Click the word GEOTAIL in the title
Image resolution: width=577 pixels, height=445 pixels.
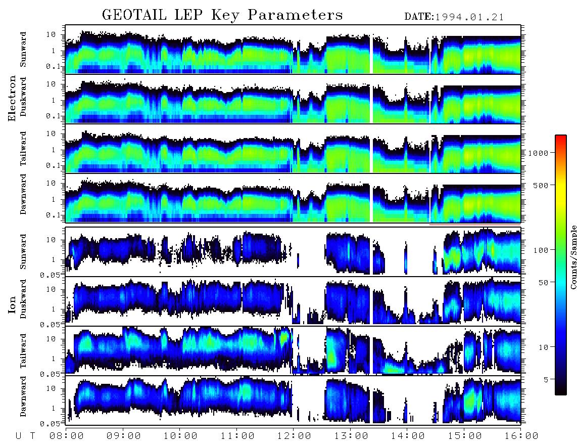tap(134, 15)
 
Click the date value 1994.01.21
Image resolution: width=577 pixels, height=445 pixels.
tap(469, 17)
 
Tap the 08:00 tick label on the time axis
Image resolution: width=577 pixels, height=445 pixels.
tap(67, 436)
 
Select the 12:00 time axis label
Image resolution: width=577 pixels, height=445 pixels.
tap(294, 436)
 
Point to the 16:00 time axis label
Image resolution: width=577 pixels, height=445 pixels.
tap(521, 436)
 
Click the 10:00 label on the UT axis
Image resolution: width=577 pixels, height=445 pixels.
tap(180, 436)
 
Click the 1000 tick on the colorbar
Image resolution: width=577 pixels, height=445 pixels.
tap(538, 153)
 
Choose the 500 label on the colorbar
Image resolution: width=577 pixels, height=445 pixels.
tap(540, 185)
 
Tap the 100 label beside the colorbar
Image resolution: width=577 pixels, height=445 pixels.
tap(540, 250)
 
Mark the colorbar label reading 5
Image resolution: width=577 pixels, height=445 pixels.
tap(545, 379)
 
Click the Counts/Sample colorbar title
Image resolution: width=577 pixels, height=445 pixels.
tap(573, 257)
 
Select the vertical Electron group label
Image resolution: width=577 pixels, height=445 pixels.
tap(12, 98)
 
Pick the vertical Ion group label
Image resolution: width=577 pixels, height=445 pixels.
tap(12, 304)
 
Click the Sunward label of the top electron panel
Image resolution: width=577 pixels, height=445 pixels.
tap(23, 50)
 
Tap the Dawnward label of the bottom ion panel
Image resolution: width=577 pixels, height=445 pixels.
tap(23, 396)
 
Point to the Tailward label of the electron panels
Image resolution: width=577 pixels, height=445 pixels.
tap(23, 149)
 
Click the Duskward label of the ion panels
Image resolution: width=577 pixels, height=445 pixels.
tap(23, 299)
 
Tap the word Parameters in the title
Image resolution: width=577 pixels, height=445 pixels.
tap(295, 15)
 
